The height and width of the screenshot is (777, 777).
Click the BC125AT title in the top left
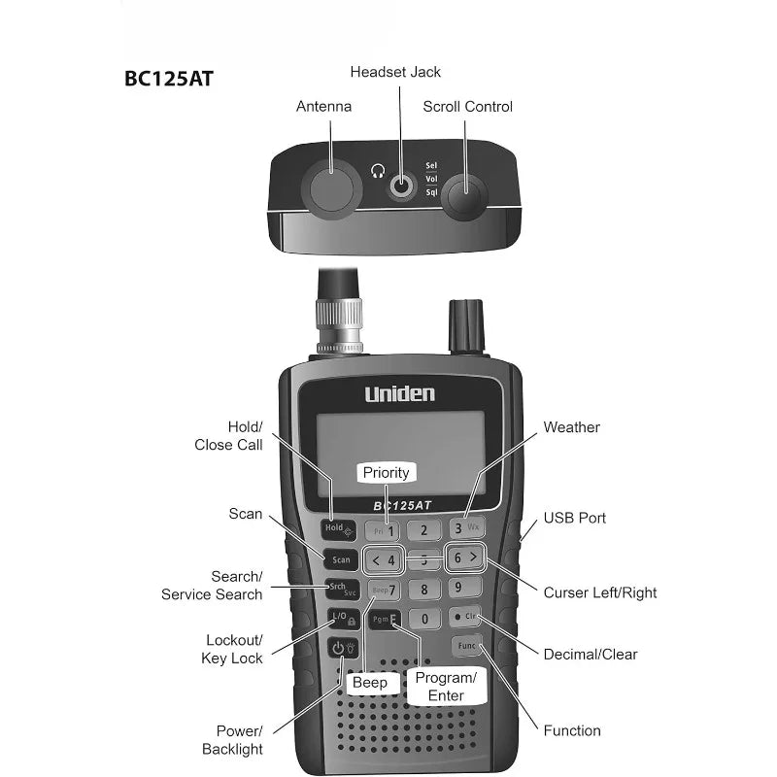(x=168, y=79)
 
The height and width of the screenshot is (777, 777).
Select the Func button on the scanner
(x=465, y=646)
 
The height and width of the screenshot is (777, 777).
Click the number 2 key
(x=423, y=530)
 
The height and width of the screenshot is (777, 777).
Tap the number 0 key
(x=423, y=619)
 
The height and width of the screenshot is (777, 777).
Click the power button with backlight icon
(x=342, y=649)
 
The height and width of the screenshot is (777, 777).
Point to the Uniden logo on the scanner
(x=399, y=393)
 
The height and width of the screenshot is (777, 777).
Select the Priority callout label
(x=386, y=473)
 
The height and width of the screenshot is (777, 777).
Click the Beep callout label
(x=369, y=683)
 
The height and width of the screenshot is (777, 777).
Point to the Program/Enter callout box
(x=445, y=686)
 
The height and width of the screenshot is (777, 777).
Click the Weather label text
(x=571, y=427)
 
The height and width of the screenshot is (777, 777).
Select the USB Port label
(x=574, y=518)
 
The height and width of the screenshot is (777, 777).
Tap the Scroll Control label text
(x=467, y=107)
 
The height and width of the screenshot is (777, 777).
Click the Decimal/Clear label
(x=591, y=655)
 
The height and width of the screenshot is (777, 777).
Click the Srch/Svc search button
(x=341, y=590)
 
